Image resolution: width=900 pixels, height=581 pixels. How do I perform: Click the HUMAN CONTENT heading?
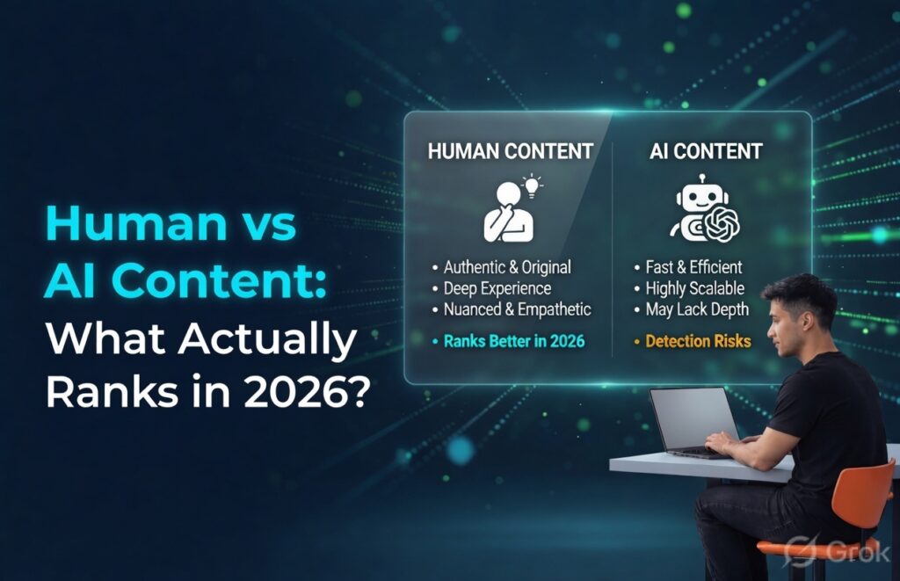(x=510, y=150)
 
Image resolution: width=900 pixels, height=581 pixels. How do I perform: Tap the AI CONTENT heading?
(x=705, y=150)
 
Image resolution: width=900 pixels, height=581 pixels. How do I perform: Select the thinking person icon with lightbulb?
(x=508, y=209)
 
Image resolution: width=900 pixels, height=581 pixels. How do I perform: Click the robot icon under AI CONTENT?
(x=703, y=209)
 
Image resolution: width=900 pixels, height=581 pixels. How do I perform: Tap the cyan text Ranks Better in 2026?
(x=513, y=341)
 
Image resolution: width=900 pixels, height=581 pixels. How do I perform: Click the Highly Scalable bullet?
(x=694, y=288)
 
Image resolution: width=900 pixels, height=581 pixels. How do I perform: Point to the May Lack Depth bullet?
(x=698, y=309)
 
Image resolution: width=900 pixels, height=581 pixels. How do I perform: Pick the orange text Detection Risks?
(x=698, y=341)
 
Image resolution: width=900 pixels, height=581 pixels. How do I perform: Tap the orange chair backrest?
(x=865, y=497)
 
